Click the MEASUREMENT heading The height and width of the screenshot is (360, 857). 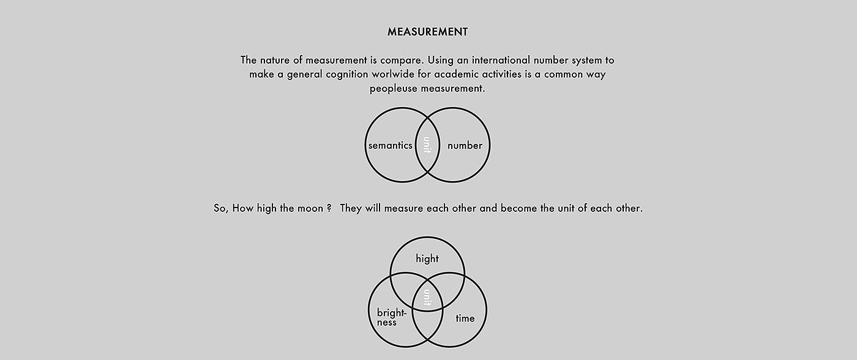(427, 32)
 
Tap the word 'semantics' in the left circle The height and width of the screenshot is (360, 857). (390, 146)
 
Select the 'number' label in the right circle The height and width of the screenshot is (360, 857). (465, 146)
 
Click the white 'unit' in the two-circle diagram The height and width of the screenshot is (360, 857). (427, 146)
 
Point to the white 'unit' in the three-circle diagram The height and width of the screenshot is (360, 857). (427, 298)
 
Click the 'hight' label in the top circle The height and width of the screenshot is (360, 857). (427, 258)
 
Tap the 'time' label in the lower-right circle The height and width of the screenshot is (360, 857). (465, 318)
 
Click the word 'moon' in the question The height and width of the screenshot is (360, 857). (310, 208)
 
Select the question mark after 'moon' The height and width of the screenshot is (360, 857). (329, 208)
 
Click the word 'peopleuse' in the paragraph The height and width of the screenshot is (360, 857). (392, 89)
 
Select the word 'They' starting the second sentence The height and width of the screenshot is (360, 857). (351, 208)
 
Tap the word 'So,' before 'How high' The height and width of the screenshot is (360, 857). (220, 208)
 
